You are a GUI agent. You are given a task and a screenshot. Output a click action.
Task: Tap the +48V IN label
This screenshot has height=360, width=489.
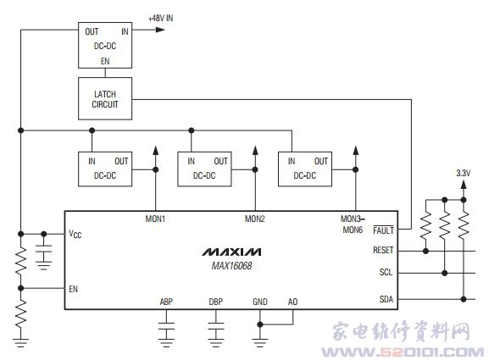click(161, 18)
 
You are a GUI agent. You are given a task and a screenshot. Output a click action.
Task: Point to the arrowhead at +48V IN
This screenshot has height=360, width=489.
click(160, 30)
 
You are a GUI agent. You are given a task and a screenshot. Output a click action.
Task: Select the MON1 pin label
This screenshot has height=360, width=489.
click(155, 219)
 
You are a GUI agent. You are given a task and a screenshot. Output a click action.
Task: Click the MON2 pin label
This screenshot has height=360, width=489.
click(255, 219)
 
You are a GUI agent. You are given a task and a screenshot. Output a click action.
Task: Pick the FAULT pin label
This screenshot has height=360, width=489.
click(383, 230)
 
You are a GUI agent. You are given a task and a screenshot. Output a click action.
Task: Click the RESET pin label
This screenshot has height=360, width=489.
click(383, 250)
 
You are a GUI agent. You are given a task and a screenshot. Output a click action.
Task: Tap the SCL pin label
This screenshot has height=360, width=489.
click(386, 272)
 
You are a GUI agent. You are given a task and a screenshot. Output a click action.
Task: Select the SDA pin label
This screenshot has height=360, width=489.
click(386, 299)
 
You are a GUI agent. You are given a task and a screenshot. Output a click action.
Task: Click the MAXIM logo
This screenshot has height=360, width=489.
click(231, 252)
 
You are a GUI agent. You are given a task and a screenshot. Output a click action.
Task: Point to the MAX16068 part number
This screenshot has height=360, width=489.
click(231, 266)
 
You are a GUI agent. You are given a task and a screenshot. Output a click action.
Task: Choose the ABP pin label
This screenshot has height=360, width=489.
click(166, 302)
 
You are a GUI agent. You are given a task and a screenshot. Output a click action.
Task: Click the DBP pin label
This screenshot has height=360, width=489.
click(216, 302)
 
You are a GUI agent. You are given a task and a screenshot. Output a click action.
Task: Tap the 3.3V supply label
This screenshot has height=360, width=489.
click(463, 173)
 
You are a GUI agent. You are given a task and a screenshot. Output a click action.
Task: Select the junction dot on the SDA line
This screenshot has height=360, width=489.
click(464, 299)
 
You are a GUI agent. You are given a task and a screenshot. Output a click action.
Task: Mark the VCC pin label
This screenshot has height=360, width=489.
click(75, 234)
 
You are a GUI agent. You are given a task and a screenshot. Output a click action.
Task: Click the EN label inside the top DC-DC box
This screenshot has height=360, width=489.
click(105, 61)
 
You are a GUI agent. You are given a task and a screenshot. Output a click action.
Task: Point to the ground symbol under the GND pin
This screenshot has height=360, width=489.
click(260, 343)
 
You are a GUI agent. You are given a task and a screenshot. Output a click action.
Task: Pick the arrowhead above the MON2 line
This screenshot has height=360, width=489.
click(255, 150)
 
